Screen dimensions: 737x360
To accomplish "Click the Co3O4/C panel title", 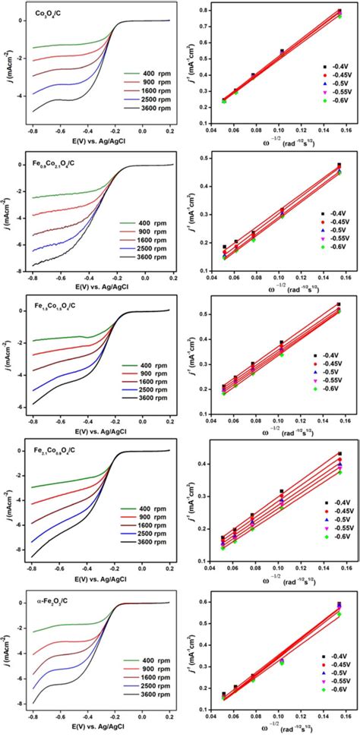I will click(x=40, y=14).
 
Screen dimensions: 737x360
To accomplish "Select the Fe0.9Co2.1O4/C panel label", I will click(x=49, y=163).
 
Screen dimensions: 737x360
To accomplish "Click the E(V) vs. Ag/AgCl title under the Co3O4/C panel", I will click(x=101, y=138).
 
